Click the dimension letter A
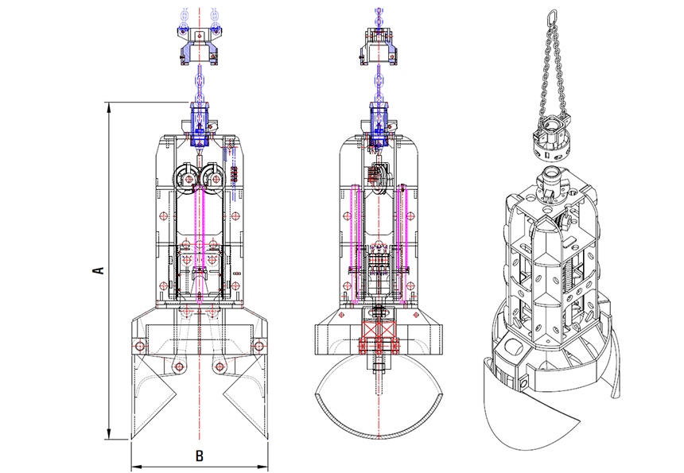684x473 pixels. tap(99, 270)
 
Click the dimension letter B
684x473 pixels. tap(200, 456)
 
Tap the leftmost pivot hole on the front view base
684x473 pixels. tap(141, 346)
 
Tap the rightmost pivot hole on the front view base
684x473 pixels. tap(258, 346)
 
